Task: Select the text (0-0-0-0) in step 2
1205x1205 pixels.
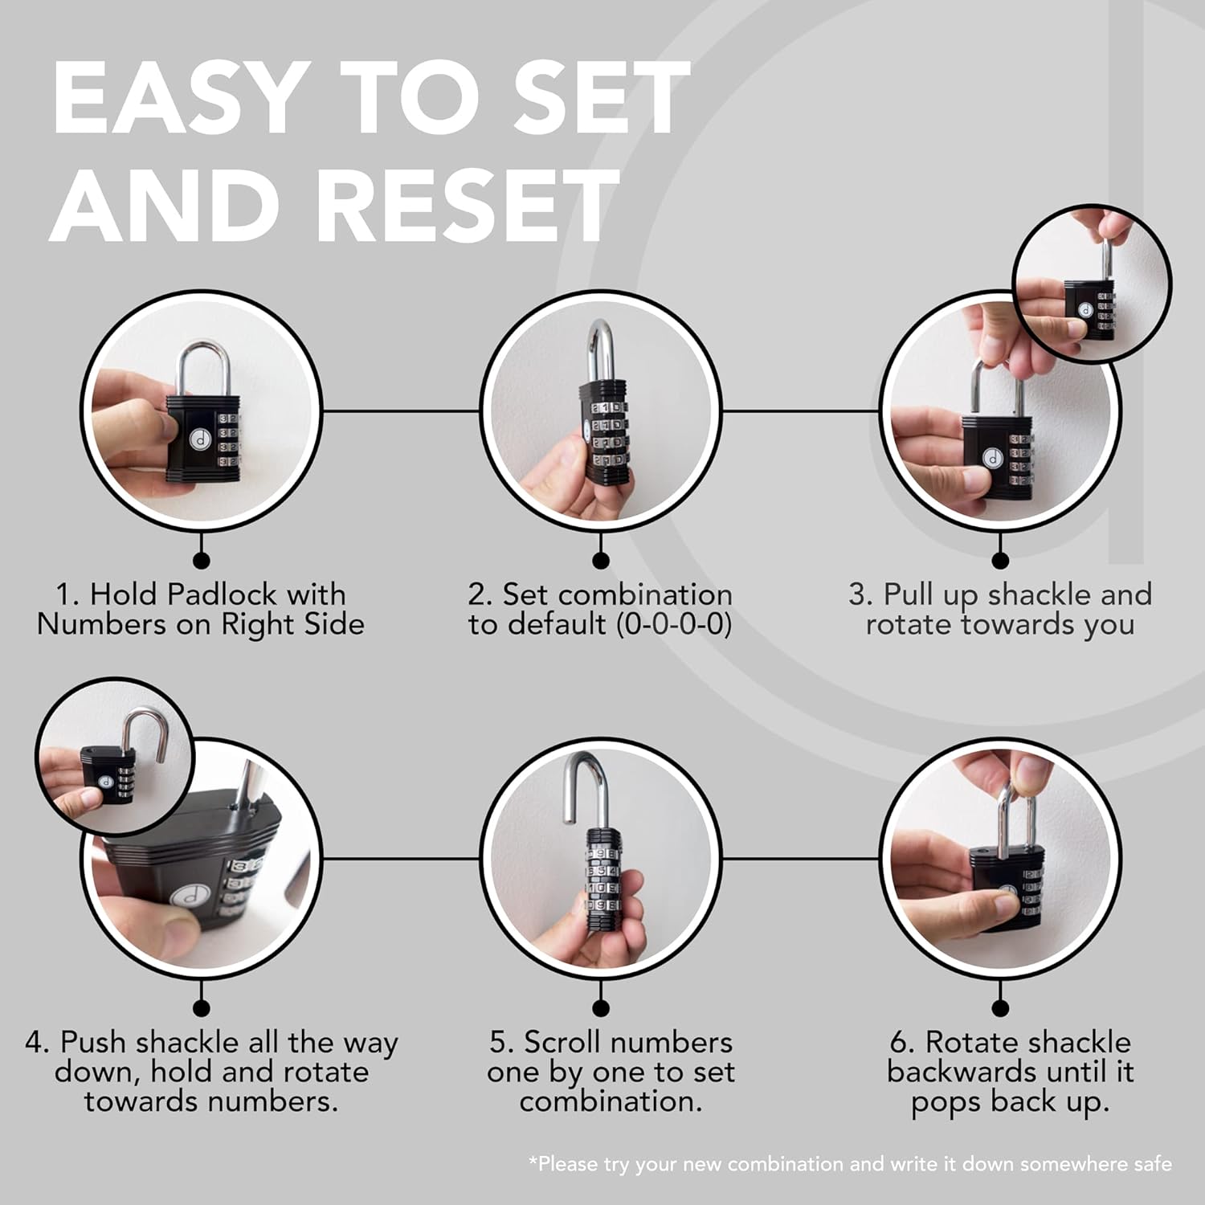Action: click(x=674, y=624)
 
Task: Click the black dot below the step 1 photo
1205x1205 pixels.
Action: click(x=202, y=560)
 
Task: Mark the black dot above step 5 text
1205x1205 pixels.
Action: click(x=600, y=1007)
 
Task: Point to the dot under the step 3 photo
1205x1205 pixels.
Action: click(x=1000, y=560)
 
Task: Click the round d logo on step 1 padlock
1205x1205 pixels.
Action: click(x=198, y=438)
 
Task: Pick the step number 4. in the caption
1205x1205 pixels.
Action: click(x=38, y=1043)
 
